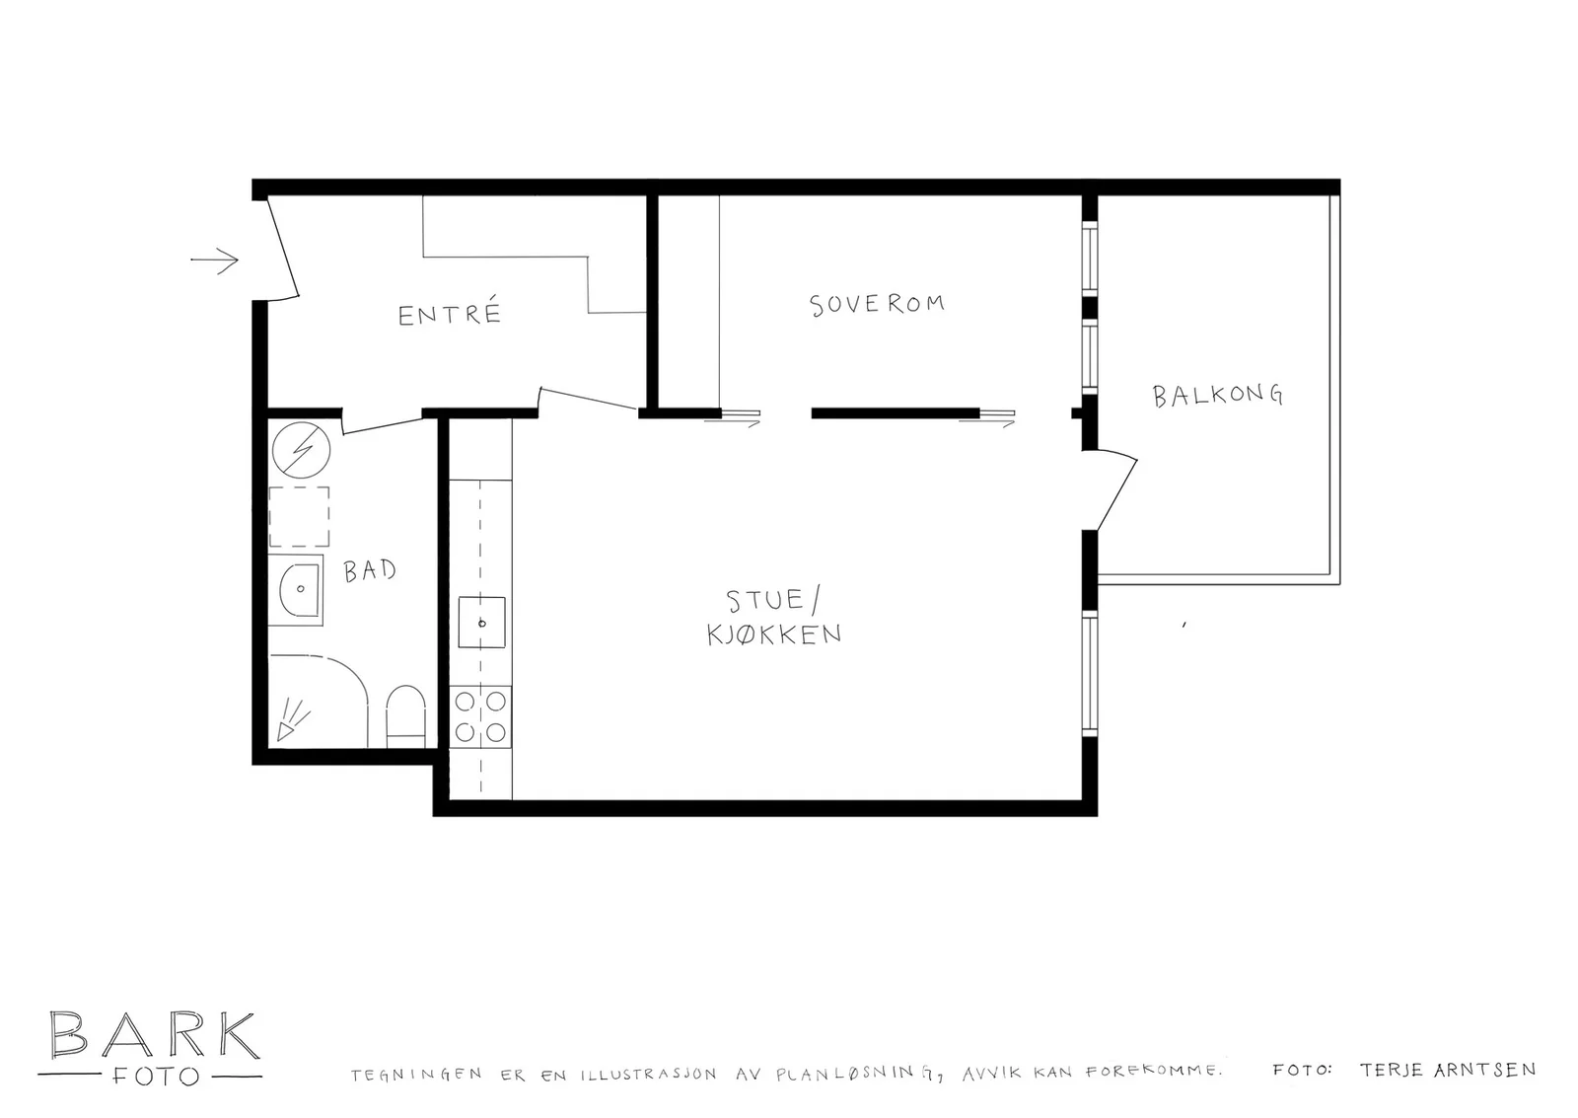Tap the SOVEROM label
click(877, 305)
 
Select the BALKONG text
click(1217, 395)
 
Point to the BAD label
click(369, 570)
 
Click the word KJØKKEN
click(774, 634)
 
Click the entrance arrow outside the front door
click(215, 261)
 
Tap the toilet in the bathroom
click(405, 715)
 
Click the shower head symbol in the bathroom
click(292, 720)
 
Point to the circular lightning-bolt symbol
click(301, 449)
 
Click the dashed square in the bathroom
click(299, 517)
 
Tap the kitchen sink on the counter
click(482, 623)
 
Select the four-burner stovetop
click(480, 716)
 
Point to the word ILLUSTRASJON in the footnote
click(648, 1075)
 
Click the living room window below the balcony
click(1090, 673)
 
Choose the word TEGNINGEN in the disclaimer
click(416, 1075)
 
